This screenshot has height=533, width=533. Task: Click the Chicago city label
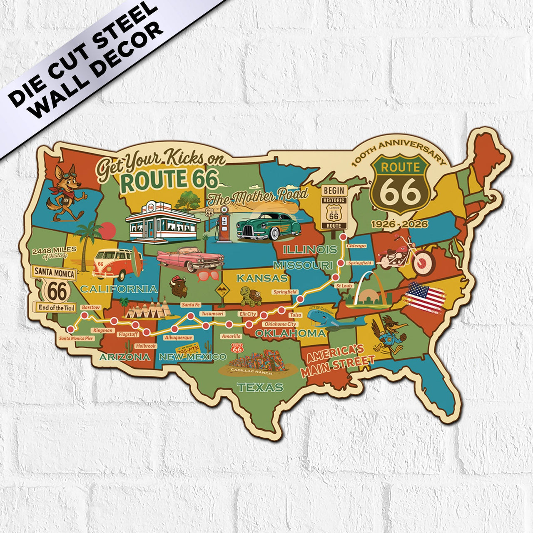tap(356, 246)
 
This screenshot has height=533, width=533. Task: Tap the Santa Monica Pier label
tap(76, 338)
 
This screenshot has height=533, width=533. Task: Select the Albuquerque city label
tap(178, 338)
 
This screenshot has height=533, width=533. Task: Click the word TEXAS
tap(260, 387)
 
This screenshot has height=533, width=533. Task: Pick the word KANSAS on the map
tap(262, 278)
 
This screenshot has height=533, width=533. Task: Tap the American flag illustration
tap(425, 296)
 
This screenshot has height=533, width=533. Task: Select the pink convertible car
tap(190, 259)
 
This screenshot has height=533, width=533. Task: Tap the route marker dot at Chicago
tap(343, 237)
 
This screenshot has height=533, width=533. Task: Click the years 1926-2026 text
tap(399, 224)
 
